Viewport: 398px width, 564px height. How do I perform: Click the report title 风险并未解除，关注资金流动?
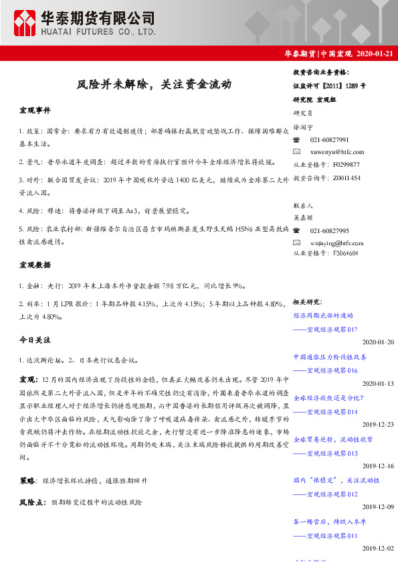coord(154,85)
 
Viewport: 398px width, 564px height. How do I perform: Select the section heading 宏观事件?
coord(35,110)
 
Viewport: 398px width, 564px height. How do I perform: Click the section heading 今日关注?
coord(35,340)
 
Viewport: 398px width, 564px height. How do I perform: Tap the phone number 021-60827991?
coord(330,139)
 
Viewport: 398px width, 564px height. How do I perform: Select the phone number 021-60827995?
coord(330,230)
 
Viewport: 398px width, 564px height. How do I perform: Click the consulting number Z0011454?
coord(345,178)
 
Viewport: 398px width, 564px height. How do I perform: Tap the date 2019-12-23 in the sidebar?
coord(378,424)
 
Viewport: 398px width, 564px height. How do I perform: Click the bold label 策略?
coord(28,481)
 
